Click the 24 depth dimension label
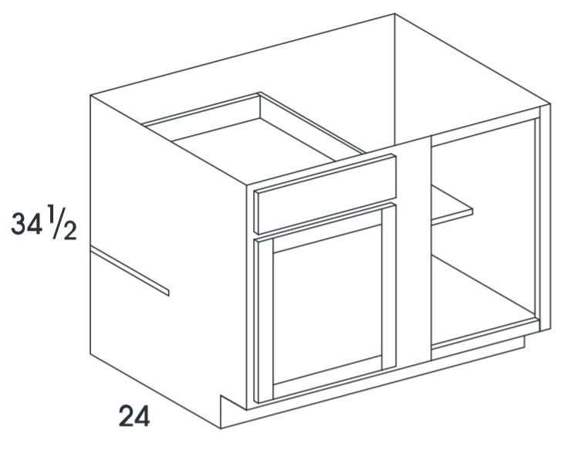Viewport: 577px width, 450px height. click(134, 417)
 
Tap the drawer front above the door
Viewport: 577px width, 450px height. click(327, 194)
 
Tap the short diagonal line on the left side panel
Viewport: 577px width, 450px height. click(130, 271)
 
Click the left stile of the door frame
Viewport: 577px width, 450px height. click(265, 320)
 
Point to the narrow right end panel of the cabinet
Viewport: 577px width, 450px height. click(545, 217)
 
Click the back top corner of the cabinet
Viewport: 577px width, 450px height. click(394, 14)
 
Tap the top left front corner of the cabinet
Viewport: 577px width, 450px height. click(90, 96)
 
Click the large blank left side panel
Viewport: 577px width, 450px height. click(166, 258)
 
